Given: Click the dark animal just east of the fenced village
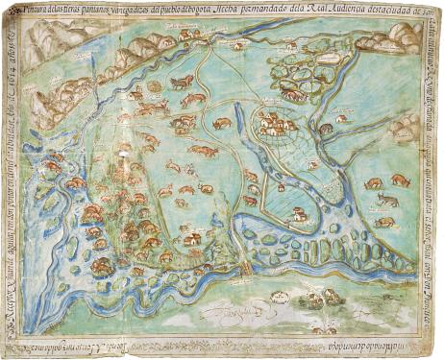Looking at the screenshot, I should coord(326,128).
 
